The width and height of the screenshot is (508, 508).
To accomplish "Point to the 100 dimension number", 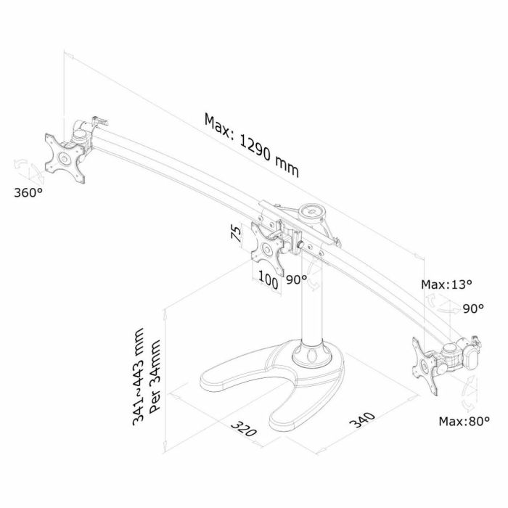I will coord(268,282).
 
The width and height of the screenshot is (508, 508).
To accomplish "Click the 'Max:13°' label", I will coord(446,284).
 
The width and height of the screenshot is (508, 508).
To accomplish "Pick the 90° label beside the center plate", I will coord(295,279).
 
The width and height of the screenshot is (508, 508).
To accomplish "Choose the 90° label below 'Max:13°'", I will coord(472,308).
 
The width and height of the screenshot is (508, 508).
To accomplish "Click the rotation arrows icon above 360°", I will coord(28,171).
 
